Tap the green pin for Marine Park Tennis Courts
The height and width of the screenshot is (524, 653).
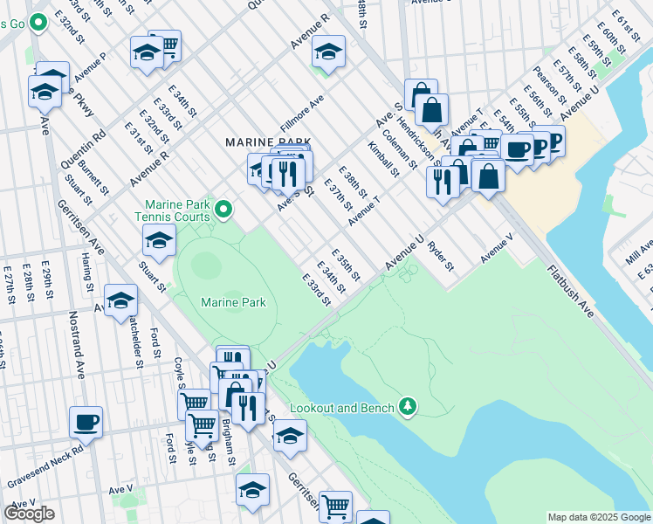click(224, 209)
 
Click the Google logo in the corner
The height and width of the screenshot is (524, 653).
click(29, 514)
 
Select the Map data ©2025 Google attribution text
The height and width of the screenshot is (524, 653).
click(599, 517)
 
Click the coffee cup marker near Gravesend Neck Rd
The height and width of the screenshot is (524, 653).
click(86, 423)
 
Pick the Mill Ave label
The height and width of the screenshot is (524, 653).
click(638, 252)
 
